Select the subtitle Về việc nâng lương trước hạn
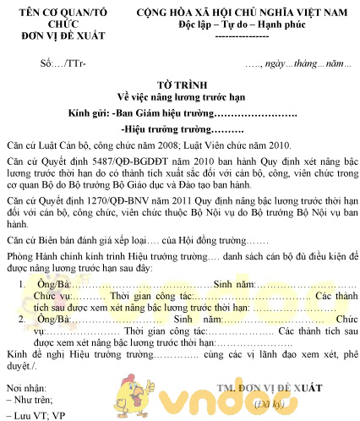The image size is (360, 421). point(179,97)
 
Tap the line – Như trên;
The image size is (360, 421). point(31,400)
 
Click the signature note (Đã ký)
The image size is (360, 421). point(296,402)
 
